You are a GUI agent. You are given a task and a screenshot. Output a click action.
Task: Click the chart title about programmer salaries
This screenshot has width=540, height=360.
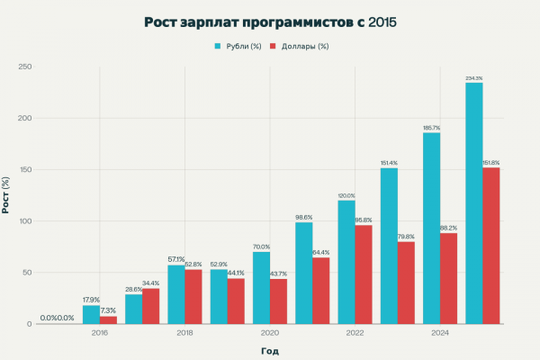click(270, 22)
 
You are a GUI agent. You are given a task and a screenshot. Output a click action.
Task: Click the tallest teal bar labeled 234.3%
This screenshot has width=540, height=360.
click(473, 203)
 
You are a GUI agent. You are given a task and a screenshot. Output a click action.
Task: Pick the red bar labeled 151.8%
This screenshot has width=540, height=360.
click(490, 246)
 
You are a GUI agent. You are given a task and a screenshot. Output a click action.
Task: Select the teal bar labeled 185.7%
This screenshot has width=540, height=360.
click(431, 229)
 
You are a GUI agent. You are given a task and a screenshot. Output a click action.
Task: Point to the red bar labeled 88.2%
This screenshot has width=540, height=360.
click(448, 278)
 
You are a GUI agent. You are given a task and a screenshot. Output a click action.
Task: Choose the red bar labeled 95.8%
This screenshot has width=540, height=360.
click(363, 274)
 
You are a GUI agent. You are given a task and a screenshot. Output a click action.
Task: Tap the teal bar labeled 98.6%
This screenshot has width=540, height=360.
click(303, 273)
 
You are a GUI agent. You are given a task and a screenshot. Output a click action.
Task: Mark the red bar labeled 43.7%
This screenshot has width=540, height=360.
click(278, 301)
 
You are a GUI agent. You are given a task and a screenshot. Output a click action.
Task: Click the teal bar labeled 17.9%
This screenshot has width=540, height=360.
click(91, 315)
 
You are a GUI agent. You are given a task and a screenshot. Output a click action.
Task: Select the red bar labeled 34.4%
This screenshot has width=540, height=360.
click(150, 306)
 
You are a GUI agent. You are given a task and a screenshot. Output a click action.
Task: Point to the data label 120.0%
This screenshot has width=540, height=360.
click(346, 195)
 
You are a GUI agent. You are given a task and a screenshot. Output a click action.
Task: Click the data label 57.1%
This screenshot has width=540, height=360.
click(175, 260)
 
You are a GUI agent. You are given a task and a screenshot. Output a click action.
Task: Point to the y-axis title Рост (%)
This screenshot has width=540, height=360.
click(7, 195)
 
